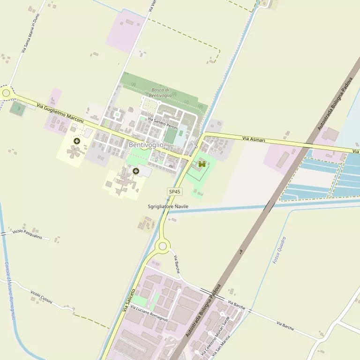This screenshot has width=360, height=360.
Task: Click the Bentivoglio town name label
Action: tap(146, 145)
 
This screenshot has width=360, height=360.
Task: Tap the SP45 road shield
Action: tap(175, 192)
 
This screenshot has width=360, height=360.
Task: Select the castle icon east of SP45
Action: tap(202, 164)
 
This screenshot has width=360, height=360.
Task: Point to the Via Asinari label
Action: tap(254, 139)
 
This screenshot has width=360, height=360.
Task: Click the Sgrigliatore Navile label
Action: tap(168, 206)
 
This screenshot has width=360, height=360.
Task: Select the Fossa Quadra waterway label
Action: tap(279, 250)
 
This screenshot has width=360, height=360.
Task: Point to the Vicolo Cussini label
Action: tap(41, 297)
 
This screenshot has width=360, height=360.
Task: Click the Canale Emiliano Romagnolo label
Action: tap(10, 291)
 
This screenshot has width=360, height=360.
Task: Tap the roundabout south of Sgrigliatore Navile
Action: tap(163, 246)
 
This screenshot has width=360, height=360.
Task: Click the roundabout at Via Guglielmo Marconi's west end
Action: tap(6, 93)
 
